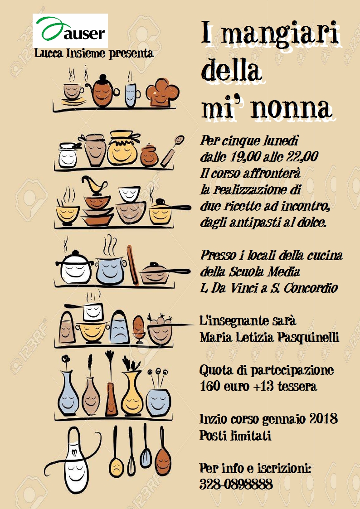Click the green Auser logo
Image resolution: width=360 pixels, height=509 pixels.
pos(70,30)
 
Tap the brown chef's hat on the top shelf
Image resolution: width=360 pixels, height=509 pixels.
pos(162,92)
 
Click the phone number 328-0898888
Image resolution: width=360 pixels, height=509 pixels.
pos(236,485)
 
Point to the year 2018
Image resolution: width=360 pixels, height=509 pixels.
pos(323,419)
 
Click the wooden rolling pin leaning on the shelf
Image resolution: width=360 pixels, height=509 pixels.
pos(132,265)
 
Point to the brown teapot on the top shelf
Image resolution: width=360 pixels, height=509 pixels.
pos(102,91)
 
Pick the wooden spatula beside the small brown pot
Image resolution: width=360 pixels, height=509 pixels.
pos(172,151)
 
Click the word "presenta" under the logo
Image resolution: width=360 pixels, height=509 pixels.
pos(131,53)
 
